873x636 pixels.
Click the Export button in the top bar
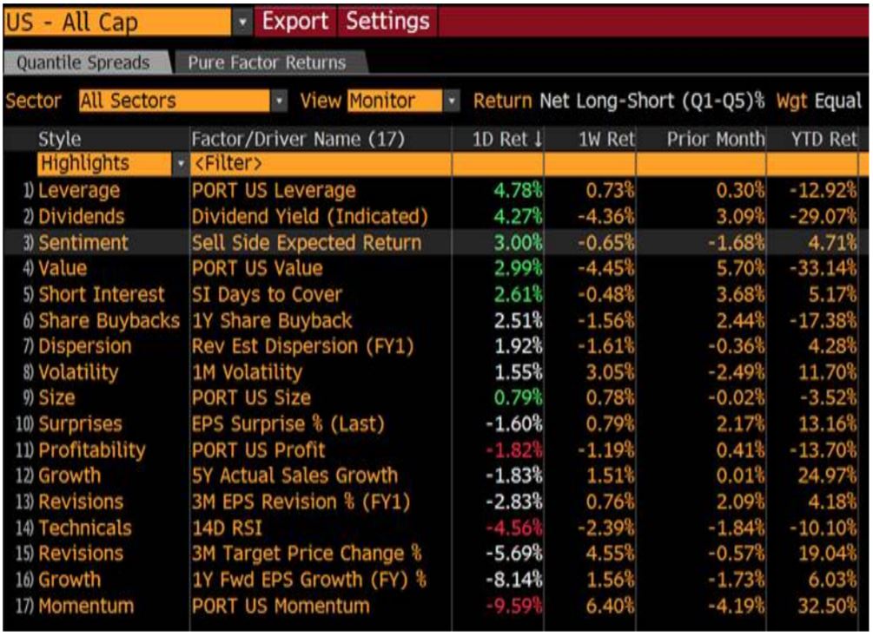click(295, 21)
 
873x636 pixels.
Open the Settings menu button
click(387, 21)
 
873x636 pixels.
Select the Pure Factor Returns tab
click(267, 62)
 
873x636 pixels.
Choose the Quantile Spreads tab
click(83, 62)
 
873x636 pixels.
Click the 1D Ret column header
click(507, 139)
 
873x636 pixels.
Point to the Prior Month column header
click(716, 139)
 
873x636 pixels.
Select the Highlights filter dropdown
click(112, 163)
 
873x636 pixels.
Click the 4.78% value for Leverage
click(519, 190)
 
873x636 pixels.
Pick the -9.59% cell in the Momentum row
click(519, 606)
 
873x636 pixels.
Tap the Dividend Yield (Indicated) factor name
click(310, 216)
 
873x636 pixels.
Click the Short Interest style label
click(102, 294)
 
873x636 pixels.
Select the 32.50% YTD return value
click(825, 606)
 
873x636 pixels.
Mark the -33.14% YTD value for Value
click(822, 268)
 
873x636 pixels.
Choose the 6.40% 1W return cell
click(612, 606)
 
